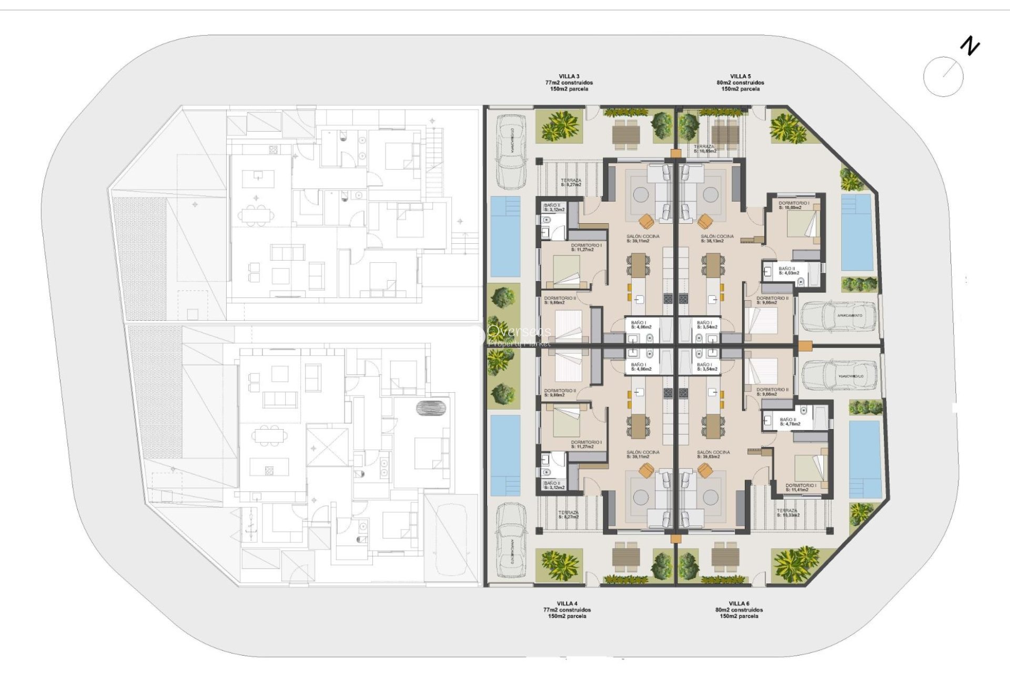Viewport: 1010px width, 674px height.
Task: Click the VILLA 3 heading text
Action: [569, 77]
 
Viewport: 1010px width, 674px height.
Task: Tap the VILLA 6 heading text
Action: [739, 603]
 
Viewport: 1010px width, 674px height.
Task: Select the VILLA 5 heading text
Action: [740, 77]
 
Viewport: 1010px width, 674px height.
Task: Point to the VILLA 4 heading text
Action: [567, 603]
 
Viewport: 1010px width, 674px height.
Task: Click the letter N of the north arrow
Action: [970, 46]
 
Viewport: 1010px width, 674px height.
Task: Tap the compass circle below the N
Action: [943, 77]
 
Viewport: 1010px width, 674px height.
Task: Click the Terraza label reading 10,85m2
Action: [705, 149]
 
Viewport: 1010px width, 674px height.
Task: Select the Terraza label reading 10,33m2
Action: [788, 513]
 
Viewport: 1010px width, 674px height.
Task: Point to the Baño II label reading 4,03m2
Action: [788, 271]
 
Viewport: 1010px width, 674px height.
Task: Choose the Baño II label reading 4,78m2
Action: [789, 422]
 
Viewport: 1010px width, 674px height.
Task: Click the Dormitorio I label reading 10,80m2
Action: [794, 205]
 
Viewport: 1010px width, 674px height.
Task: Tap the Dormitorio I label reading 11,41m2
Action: [801, 488]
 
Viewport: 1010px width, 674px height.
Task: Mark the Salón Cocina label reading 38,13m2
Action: [717, 239]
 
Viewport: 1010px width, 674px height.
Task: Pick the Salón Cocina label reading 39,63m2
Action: [713, 454]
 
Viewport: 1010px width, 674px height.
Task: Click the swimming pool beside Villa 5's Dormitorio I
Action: [857, 232]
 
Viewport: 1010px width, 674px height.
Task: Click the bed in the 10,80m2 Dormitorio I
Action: [802, 227]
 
